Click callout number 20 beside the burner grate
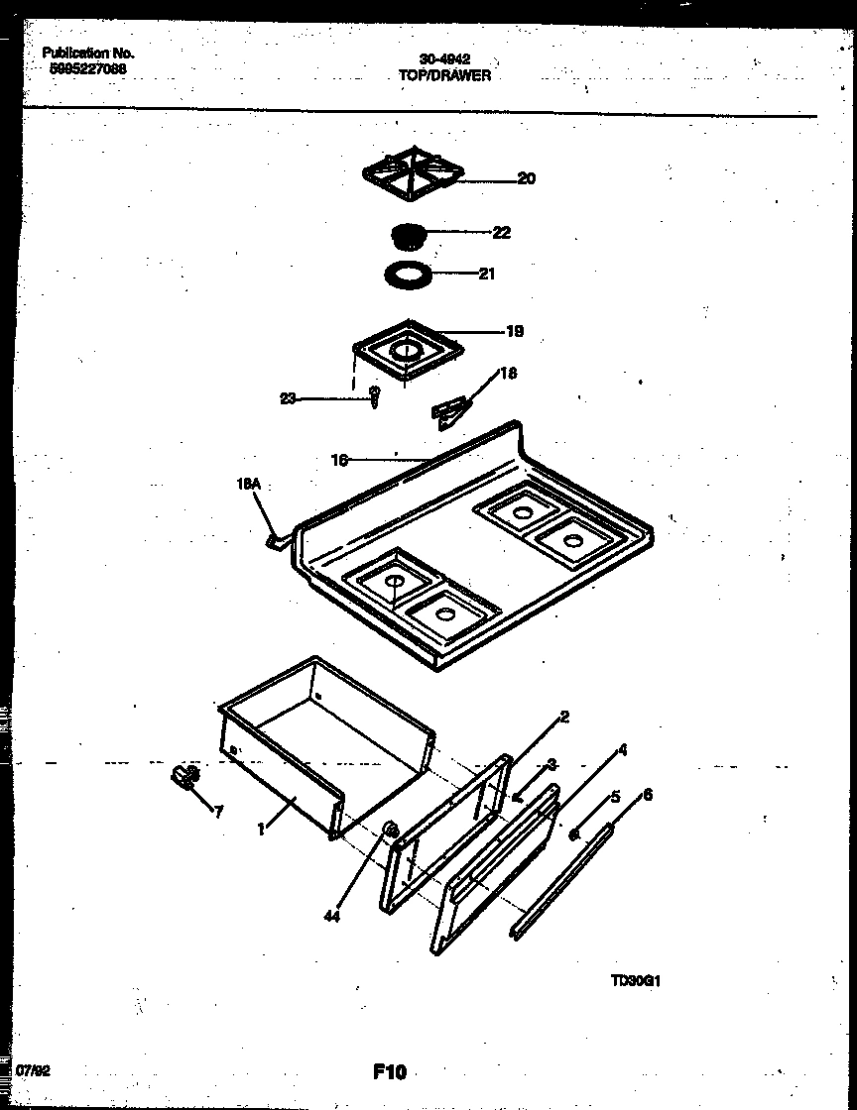tap(526, 179)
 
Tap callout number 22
tap(501, 233)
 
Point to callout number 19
tap(514, 332)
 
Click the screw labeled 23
tap(375, 399)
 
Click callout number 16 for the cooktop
tap(338, 459)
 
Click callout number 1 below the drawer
tap(261, 831)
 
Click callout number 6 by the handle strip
tap(648, 794)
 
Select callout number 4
tap(622, 750)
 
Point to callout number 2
tap(563, 717)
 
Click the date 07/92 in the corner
tap(35, 1071)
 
